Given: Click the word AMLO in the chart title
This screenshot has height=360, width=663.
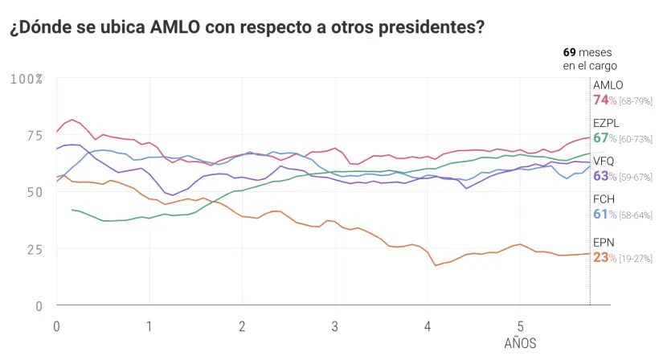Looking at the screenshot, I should coord(175,28).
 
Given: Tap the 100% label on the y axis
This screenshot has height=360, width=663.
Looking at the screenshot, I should coord(27,79).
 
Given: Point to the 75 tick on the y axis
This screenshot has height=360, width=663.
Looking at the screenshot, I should coord(34,135).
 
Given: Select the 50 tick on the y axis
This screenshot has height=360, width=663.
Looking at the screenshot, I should coord(34,192).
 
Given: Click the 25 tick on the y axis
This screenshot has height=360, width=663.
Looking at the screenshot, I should coord(34,249).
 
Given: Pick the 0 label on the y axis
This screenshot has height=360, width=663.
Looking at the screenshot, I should coord(38,306).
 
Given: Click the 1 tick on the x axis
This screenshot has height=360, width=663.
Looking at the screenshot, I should coord(149,326).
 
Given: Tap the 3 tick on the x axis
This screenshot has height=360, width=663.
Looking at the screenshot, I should coord(334,326).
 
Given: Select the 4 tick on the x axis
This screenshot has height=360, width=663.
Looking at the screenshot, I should coord(428,326).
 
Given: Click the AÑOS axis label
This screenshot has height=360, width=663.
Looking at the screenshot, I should coord(520,343).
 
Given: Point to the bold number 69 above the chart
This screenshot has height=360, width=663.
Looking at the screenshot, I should coord(570,52).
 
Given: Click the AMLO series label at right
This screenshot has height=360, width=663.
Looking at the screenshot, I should coord(608,85).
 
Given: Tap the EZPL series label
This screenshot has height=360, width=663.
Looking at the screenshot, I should coord(608,123).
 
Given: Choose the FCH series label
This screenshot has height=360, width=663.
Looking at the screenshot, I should coord(604,198).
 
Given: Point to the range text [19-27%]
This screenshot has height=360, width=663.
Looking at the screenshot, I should coord(636,259).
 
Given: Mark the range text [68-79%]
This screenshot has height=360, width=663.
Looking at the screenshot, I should coord(636,101).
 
